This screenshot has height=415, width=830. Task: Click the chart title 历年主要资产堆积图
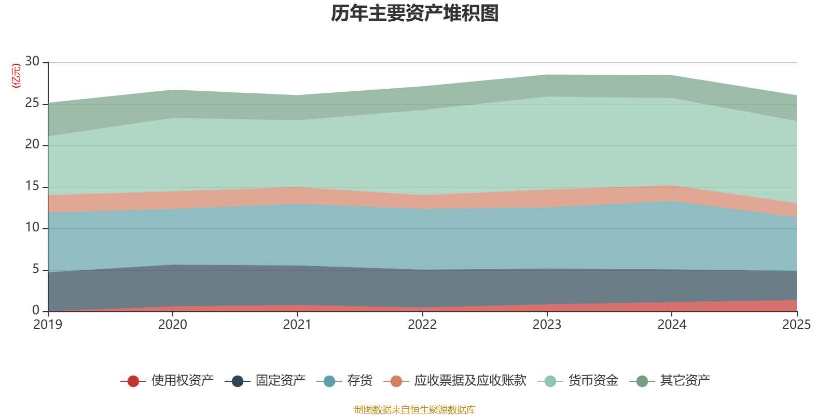pyautogui.click(x=414, y=13)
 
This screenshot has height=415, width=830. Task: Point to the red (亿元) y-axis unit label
pyautogui.click(x=16, y=76)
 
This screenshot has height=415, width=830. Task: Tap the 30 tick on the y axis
pyautogui.click(x=32, y=61)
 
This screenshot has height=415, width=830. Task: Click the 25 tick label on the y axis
pyautogui.click(x=32, y=103)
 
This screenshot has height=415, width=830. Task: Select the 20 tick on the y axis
pyautogui.click(x=32, y=144)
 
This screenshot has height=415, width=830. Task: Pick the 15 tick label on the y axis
pyautogui.click(x=32, y=186)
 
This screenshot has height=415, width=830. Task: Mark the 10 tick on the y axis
pyautogui.click(x=32, y=227)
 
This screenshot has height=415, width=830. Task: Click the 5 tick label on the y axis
pyautogui.click(x=36, y=269)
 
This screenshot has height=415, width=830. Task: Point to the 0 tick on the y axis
pyautogui.click(x=36, y=310)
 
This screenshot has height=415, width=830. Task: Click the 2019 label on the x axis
pyautogui.click(x=48, y=325)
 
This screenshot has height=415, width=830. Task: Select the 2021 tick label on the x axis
pyautogui.click(x=297, y=325)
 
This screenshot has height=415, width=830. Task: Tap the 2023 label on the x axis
pyautogui.click(x=547, y=325)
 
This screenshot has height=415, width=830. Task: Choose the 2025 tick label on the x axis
pyautogui.click(x=797, y=325)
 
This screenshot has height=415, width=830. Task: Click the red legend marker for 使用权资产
pyautogui.click(x=133, y=381)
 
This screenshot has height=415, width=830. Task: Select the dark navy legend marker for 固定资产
pyautogui.click(x=238, y=381)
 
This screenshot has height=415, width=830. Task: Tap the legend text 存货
pyautogui.click(x=360, y=381)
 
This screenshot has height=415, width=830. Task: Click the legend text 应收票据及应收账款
pyautogui.click(x=470, y=381)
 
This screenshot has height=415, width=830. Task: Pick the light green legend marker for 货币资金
pyautogui.click(x=550, y=381)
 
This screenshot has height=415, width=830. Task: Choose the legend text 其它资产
pyautogui.click(x=685, y=381)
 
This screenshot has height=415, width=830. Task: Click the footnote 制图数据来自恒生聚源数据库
pyautogui.click(x=414, y=409)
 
